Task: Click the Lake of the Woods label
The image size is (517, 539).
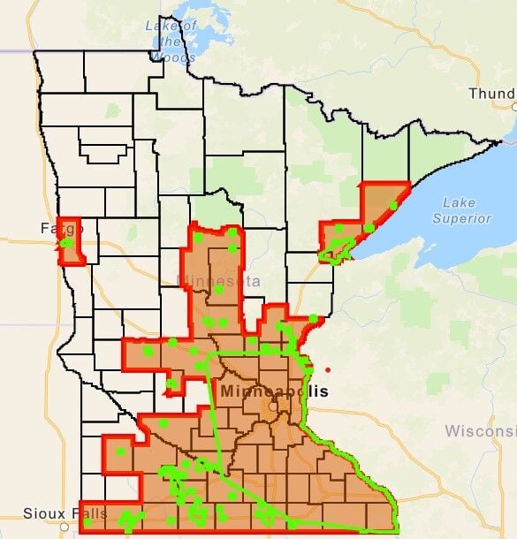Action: pyautogui.click(x=166, y=41)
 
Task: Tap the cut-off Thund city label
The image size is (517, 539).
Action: pyautogui.click(x=491, y=94)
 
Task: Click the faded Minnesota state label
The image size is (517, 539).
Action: pyautogui.click(x=219, y=281)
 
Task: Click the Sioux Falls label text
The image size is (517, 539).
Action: pyautogui.click(x=39, y=513)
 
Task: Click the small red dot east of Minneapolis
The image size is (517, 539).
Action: pyautogui.click(x=327, y=368)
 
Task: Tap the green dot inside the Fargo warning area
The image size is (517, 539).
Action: pyautogui.click(x=66, y=242)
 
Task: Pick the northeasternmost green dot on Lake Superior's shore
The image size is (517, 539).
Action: pyautogui.click(x=392, y=206)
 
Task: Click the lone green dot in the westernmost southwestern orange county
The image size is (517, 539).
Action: pyautogui.click(x=120, y=452)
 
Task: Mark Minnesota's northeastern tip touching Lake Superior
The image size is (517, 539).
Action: pyautogui.click(x=501, y=141)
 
